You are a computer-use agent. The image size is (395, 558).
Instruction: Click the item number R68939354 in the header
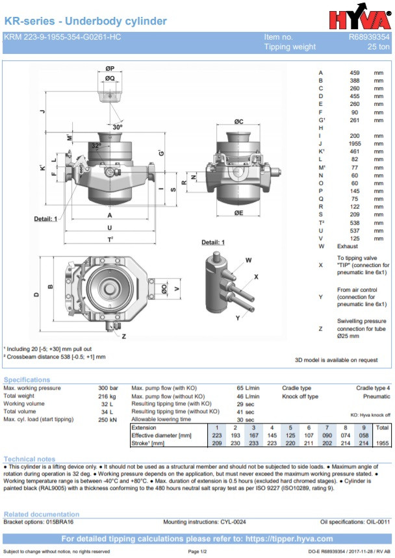(x=369, y=37)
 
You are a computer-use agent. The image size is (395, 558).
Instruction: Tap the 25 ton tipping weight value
(x=379, y=47)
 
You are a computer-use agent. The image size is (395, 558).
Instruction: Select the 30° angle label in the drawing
(x=117, y=127)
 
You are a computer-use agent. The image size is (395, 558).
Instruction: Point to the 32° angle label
(x=96, y=146)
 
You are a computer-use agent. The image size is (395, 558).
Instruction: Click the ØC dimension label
(x=238, y=121)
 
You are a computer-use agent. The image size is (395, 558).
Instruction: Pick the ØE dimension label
(x=238, y=212)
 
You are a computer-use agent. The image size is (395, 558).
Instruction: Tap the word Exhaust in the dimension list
(x=347, y=246)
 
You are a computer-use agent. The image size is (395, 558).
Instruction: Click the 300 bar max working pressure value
(x=107, y=388)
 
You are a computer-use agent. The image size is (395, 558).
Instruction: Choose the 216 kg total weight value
(x=107, y=396)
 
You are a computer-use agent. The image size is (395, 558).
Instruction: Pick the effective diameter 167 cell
(x=254, y=435)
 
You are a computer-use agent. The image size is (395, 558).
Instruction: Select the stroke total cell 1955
(x=382, y=443)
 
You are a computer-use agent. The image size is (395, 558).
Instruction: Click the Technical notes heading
(x=29, y=459)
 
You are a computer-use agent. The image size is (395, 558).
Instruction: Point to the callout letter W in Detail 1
(x=249, y=260)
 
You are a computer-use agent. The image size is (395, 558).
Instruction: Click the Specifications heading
(x=27, y=379)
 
